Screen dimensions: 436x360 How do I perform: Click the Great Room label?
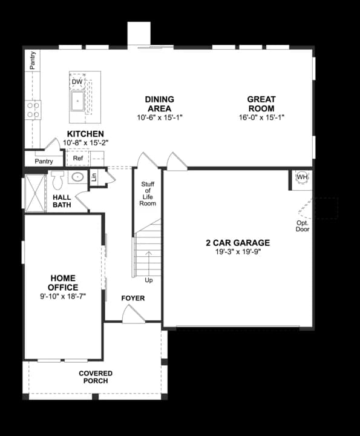tap(261, 104)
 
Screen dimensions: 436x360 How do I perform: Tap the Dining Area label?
tap(160, 104)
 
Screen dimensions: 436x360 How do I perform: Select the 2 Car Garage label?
tap(238, 243)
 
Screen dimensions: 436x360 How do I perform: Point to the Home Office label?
tap(64, 283)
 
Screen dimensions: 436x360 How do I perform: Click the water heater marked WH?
tap(302, 177)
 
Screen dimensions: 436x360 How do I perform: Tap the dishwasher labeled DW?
tap(77, 82)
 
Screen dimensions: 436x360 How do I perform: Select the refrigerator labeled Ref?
tap(78, 159)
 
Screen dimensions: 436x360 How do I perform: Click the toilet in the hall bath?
tap(58, 180)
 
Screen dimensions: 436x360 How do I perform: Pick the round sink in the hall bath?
tap(77, 177)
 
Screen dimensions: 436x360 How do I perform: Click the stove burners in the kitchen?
tap(33, 110)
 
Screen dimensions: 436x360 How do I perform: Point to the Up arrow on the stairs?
tap(148, 266)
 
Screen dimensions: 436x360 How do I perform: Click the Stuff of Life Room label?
tap(148, 194)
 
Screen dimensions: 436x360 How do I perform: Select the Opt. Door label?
tap(303, 226)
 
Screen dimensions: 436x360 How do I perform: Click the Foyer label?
tap(133, 298)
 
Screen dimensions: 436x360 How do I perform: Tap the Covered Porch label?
tap(96, 377)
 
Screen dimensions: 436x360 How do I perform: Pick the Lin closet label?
tap(94, 177)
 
